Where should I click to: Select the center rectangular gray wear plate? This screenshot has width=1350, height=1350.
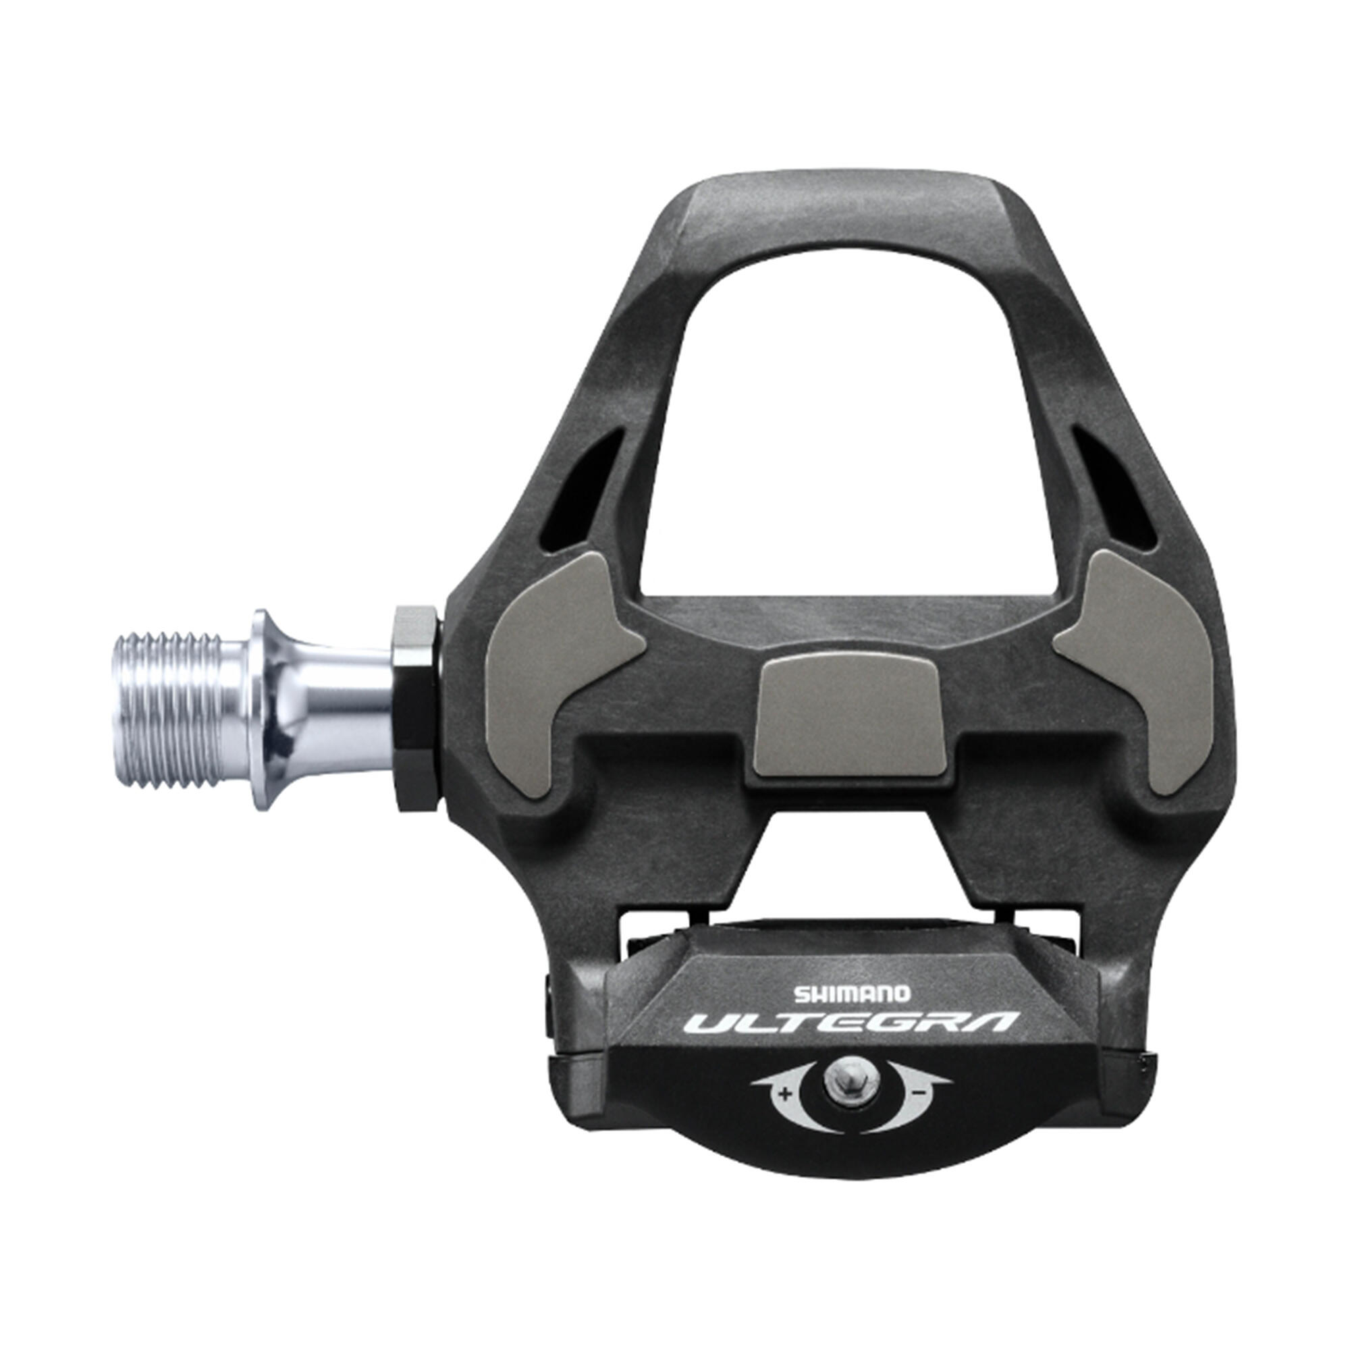coord(852,718)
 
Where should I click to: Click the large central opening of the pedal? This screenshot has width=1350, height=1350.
coord(849,433)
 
